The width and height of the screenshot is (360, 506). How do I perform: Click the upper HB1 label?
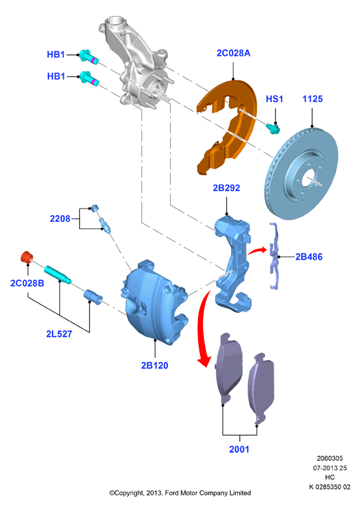click(x=56, y=54)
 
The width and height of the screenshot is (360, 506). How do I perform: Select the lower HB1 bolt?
click(x=89, y=78)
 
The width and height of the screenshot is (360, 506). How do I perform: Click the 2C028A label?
click(x=233, y=53)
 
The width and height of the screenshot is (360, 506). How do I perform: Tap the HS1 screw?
click(x=273, y=129)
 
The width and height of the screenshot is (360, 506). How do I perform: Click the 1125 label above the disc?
click(x=312, y=99)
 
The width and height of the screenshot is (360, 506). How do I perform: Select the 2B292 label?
click(x=226, y=188)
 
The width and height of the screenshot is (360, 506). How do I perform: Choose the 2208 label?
click(x=60, y=218)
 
